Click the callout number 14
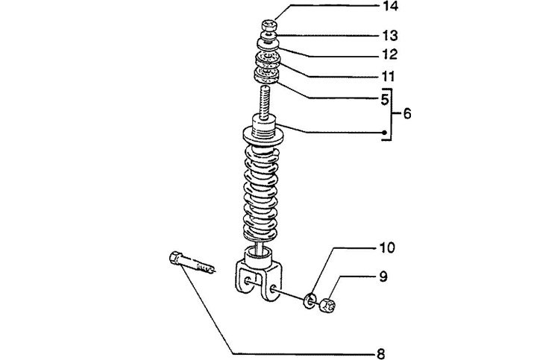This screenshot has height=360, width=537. click(390, 6)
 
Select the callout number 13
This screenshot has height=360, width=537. click(390, 35)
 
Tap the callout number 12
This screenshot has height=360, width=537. click(390, 54)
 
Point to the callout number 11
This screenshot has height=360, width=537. click(389, 76)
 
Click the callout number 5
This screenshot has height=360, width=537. click(385, 99)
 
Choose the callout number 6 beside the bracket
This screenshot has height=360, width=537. click(406, 113)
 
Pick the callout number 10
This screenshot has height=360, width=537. click(387, 247)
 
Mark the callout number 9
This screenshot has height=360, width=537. click(383, 277)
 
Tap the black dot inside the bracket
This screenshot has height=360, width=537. click(384, 133)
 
